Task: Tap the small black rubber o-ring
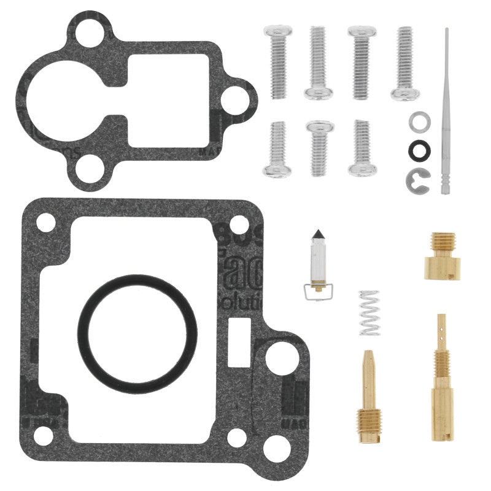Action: [420, 149]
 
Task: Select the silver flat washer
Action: [419, 122]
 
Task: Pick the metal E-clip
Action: [418, 178]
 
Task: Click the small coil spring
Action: [369, 313]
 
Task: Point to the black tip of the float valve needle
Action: [318, 236]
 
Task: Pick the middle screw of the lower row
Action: [320, 147]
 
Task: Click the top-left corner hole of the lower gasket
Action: [46, 222]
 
